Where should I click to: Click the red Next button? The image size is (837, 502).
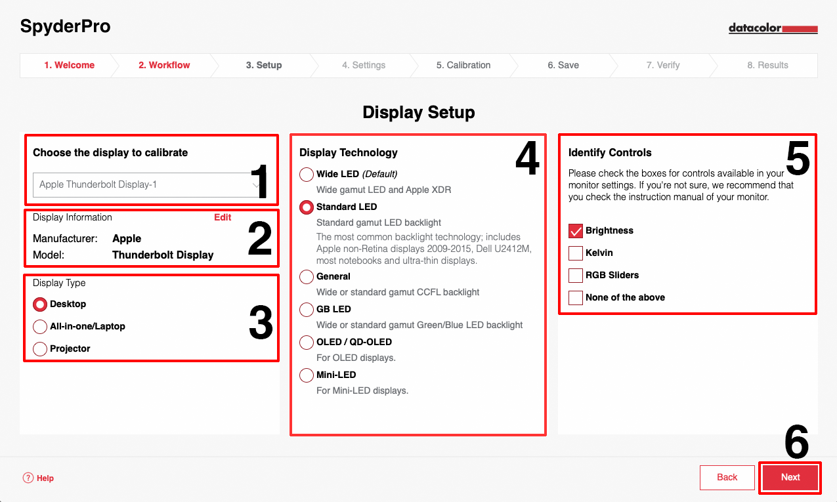pos(790,477)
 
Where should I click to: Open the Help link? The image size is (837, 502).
pos(38,478)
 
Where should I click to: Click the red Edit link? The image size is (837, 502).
pos(223,217)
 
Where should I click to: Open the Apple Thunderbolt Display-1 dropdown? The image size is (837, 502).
pos(146,184)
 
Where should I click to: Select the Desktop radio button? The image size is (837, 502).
pos(40,304)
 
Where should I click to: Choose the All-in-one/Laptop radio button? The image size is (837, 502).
pos(40,326)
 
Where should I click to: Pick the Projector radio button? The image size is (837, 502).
pos(40,349)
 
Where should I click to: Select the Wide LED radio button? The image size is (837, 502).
pos(307,174)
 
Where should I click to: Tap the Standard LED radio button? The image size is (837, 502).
pos(307,207)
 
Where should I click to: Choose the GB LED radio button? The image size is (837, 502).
pos(307,309)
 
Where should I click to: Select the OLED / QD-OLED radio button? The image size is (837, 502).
pos(307,342)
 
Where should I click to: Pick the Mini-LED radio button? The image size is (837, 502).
pos(307,375)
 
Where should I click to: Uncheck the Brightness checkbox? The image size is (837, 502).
pos(576,231)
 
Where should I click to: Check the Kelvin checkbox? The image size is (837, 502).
pos(576,253)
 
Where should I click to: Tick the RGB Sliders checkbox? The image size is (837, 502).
pos(576,276)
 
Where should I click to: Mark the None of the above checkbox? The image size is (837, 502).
pos(576,298)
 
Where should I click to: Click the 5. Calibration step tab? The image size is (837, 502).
pos(463,66)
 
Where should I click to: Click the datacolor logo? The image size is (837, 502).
pos(773,28)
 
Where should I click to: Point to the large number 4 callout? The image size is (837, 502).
pos(527,157)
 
